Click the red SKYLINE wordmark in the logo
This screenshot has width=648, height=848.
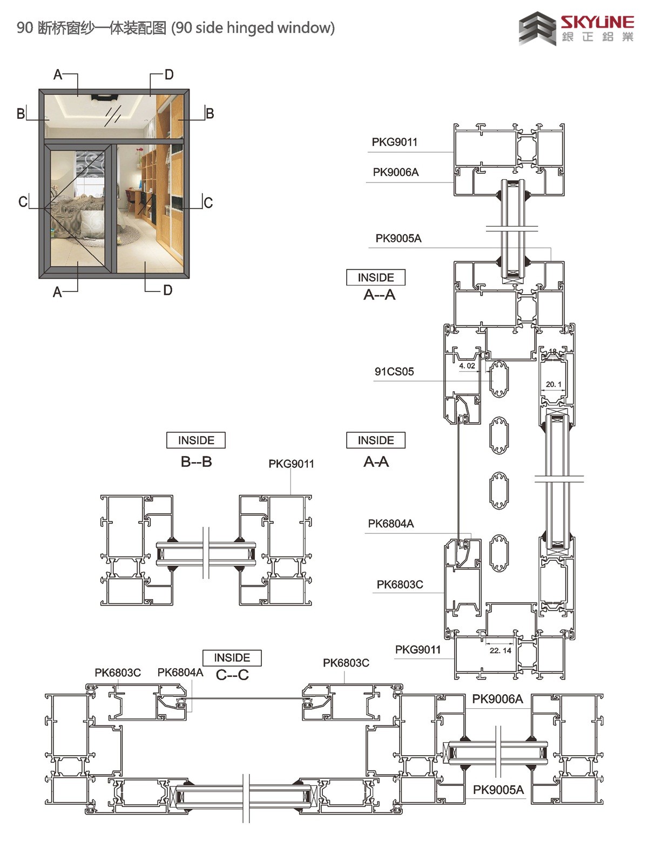click(x=597, y=22)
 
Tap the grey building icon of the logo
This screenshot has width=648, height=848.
click(x=537, y=29)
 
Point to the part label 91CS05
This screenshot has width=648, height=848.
click(x=394, y=371)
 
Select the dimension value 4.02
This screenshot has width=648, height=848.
click(x=467, y=365)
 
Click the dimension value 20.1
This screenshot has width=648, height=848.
click(x=553, y=384)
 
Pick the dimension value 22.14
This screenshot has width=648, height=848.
click(x=501, y=650)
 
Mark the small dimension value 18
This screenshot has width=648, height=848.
click(x=552, y=351)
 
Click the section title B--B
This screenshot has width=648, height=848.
click(x=197, y=462)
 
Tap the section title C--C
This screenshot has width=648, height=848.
click(x=232, y=675)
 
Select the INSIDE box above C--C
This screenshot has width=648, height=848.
click(x=232, y=657)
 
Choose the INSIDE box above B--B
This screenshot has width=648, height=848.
click(x=196, y=440)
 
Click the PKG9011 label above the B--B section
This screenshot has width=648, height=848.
click(x=292, y=464)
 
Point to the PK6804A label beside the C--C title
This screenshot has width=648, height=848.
click(x=180, y=672)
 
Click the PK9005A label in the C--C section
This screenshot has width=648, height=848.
click(x=498, y=790)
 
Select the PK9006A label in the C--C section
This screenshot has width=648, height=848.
click(x=498, y=698)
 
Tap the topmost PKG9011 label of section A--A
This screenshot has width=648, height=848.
click(x=395, y=142)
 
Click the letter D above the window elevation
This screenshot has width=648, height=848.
click(x=169, y=74)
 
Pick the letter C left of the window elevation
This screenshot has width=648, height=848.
click(x=23, y=202)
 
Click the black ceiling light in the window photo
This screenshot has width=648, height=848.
click(x=104, y=97)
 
